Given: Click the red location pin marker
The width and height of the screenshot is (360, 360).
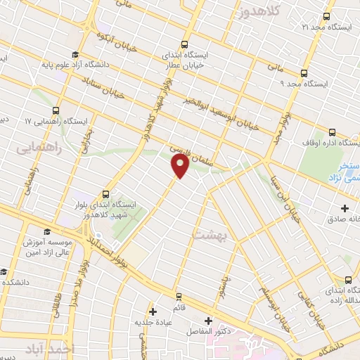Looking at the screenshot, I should pos(180,166).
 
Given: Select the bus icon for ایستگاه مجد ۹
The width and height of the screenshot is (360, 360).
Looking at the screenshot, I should pos(304,72).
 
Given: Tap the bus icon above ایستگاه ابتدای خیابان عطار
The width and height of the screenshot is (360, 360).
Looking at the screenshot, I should pos(184,43).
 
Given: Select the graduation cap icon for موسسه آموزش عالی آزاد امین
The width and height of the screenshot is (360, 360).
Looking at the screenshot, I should pos(46,232).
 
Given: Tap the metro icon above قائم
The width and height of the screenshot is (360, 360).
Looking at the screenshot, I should pos(179,295).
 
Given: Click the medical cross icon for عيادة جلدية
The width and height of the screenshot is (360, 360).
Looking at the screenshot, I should pos(153,310).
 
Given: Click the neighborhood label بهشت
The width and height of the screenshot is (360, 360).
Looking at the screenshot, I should pos(206,232).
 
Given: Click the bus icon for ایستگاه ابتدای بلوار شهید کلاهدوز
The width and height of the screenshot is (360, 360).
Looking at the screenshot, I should pos(105,193).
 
